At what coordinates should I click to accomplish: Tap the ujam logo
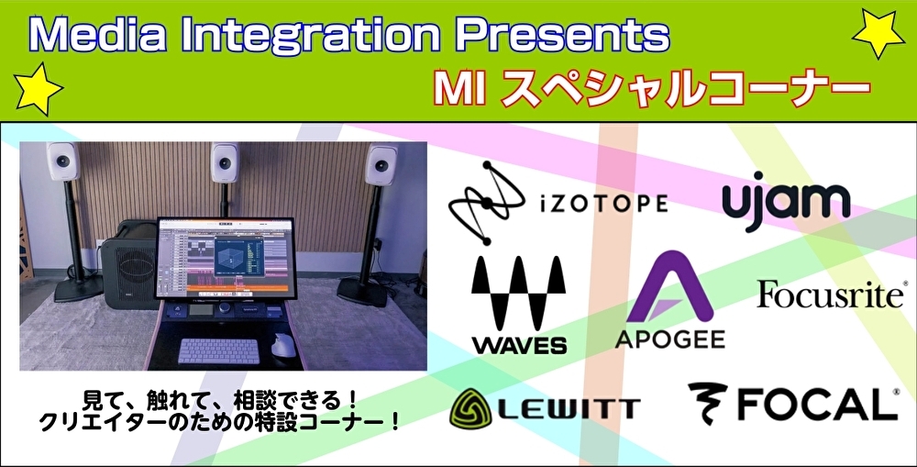tap(786, 201)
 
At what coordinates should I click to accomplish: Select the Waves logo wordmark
tap(519, 345)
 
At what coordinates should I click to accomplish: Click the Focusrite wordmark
tap(831, 294)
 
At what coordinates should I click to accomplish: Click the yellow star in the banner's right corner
tap(878, 33)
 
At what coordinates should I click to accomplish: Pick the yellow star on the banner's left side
tap(38, 89)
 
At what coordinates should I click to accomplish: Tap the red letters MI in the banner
tap(459, 89)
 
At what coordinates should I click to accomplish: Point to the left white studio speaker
tap(64, 161)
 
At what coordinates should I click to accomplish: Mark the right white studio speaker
tap(381, 164)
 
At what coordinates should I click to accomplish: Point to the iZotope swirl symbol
tap(487, 203)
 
